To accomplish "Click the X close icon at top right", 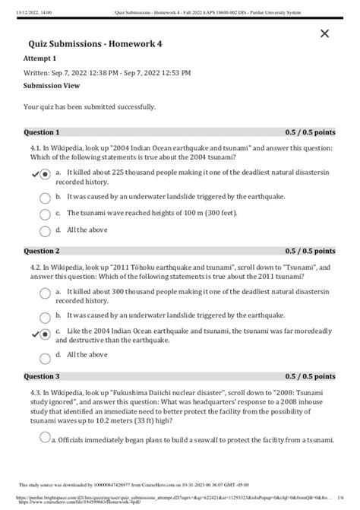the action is pos(325,33).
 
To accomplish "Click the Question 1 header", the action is pos(42,131).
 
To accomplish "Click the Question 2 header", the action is pos(42,250).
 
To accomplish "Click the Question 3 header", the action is pos(42,376).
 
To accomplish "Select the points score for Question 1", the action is pos(309,131).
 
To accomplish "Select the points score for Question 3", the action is pos(309,376).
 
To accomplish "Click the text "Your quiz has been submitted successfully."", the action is pos(90,107).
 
